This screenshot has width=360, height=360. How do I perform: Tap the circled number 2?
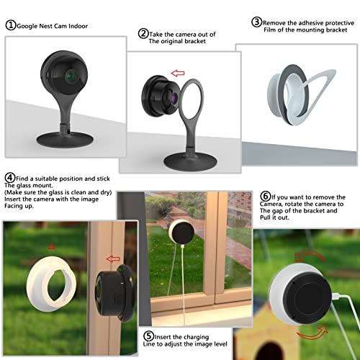[x=144, y=33]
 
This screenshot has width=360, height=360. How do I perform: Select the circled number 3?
[x=256, y=22]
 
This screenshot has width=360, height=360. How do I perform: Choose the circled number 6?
[x=265, y=195]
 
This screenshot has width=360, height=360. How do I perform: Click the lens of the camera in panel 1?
[x=69, y=75]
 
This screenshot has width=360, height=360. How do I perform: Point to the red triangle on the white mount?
[x=51, y=248]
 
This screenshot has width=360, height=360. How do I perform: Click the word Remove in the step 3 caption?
[x=276, y=22]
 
